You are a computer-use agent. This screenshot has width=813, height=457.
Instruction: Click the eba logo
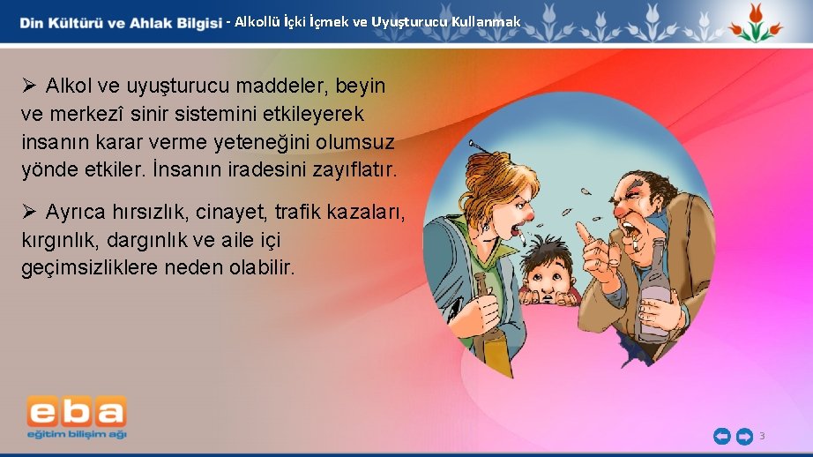(x=77, y=416)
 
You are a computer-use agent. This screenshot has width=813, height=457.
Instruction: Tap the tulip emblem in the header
(x=754, y=23)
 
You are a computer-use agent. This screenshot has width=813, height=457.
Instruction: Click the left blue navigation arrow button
(x=721, y=436)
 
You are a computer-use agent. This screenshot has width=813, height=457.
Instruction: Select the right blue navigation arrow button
(x=744, y=436)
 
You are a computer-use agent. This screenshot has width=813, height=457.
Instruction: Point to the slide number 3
(x=762, y=436)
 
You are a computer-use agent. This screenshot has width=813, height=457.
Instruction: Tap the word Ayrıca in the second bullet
(x=78, y=213)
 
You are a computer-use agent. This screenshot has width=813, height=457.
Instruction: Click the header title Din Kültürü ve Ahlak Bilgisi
(x=121, y=23)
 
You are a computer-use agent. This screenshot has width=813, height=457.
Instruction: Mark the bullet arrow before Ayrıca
(x=28, y=213)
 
